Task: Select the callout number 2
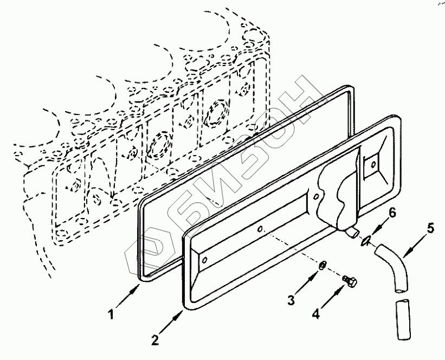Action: pyautogui.click(x=156, y=340)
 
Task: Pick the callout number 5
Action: pyautogui.click(x=430, y=228)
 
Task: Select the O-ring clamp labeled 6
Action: pyautogui.click(x=367, y=239)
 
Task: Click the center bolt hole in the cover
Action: pyautogui.click(x=261, y=229)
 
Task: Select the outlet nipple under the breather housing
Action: pyautogui.click(x=352, y=232)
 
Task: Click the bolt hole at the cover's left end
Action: pyautogui.click(x=204, y=259)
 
